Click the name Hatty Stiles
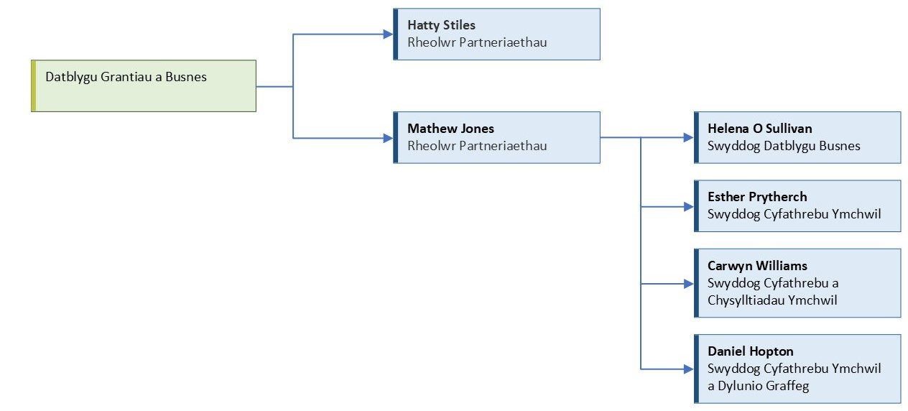[x=441, y=25]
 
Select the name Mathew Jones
[x=450, y=129]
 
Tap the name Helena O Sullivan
[x=759, y=129]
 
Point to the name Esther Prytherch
[x=757, y=197]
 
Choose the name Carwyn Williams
[x=757, y=266]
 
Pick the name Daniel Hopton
[x=750, y=351]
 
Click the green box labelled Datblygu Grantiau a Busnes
[x=144, y=86]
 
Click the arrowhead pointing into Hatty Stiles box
[x=388, y=34]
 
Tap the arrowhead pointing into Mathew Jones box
[x=388, y=138]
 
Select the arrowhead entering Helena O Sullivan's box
[x=689, y=137]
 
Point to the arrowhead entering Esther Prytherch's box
[x=689, y=207]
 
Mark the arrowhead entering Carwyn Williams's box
[x=689, y=284]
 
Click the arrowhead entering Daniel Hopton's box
[x=689, y=369]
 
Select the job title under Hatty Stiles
[x=477, y=42]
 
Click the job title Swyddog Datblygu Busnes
[x=784, y=146]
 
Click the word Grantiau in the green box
[x=126, y=77]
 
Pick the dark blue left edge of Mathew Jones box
[x=396, y=137]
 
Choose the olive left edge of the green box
[x=34, y=86]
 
